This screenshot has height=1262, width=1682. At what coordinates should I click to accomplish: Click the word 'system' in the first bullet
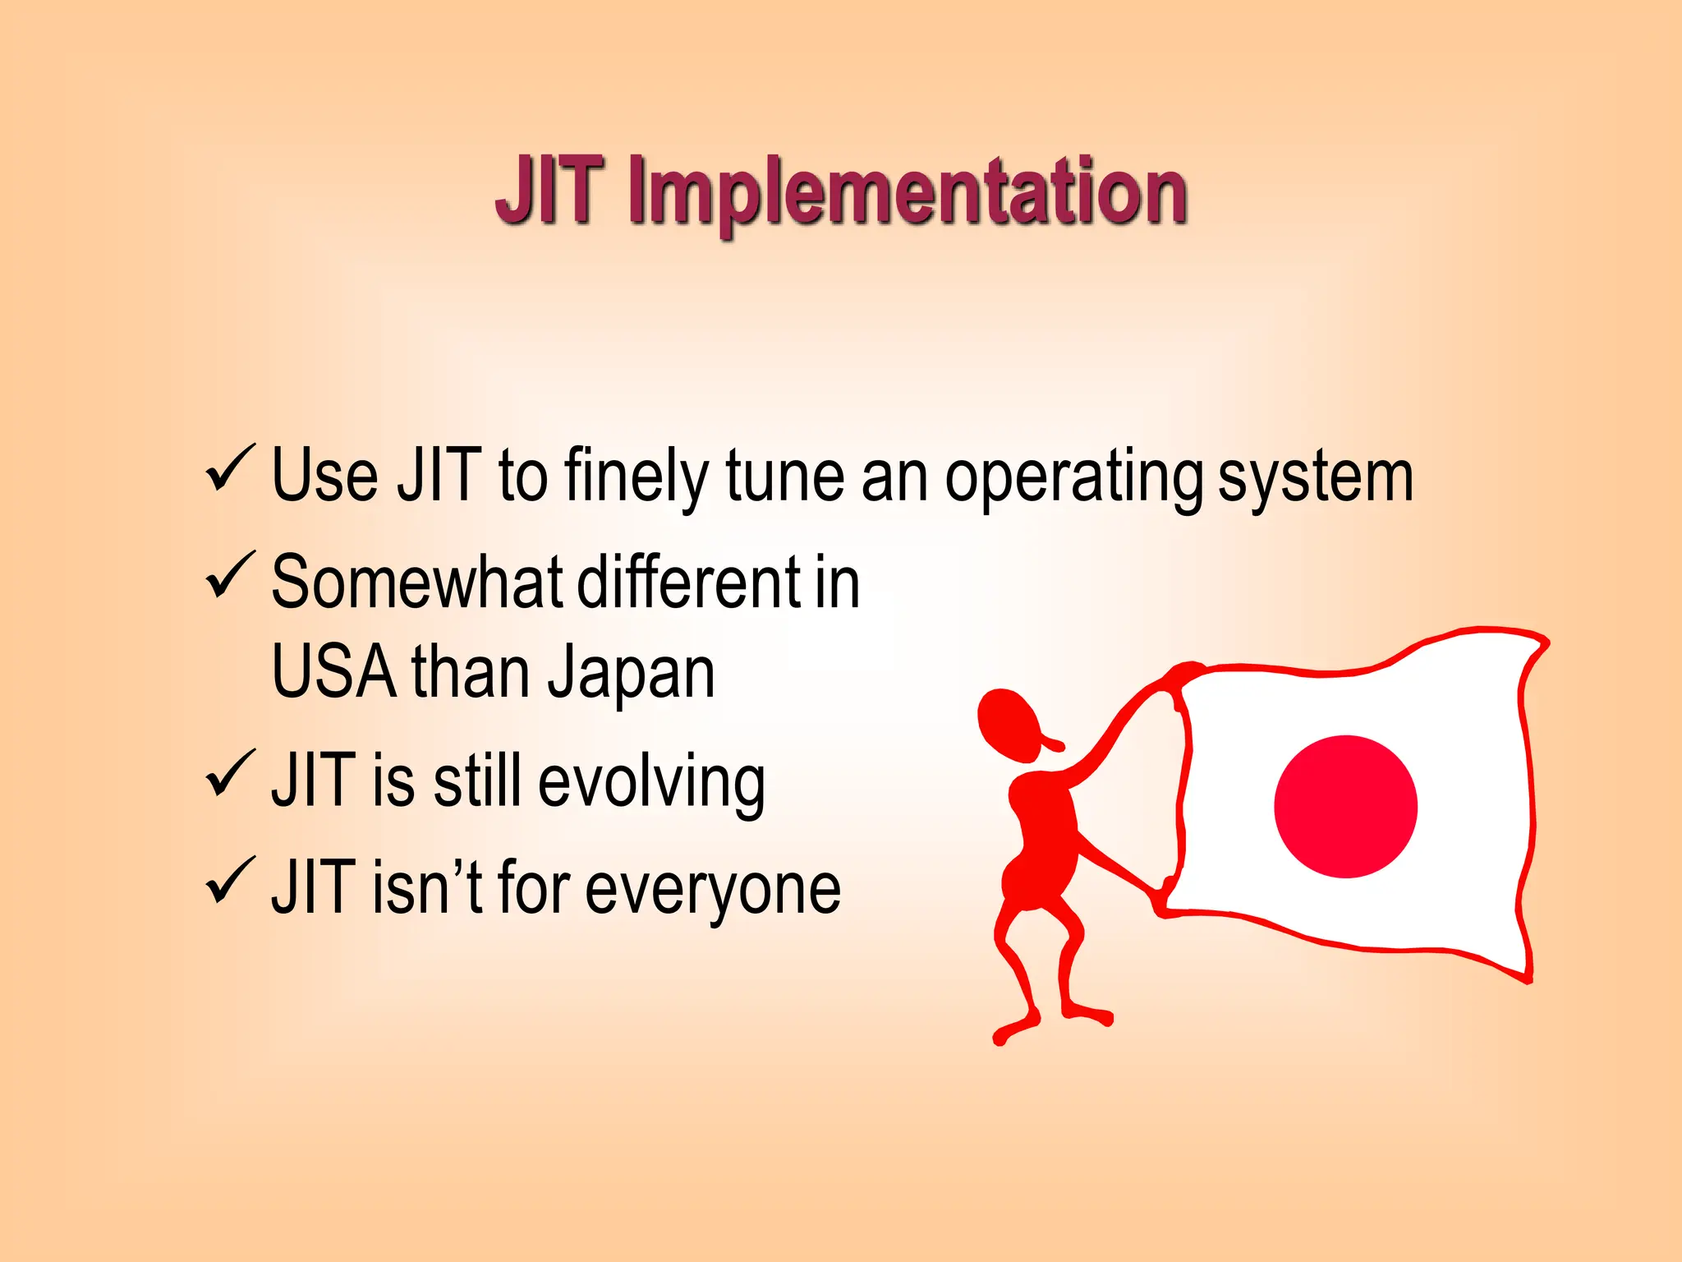1315,479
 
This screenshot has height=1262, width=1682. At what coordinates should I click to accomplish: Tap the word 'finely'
636,479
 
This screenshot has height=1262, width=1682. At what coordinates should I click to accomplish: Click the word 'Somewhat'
417,583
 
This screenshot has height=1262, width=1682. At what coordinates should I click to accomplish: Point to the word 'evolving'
651,782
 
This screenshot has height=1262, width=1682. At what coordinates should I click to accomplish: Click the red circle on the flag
1345,806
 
